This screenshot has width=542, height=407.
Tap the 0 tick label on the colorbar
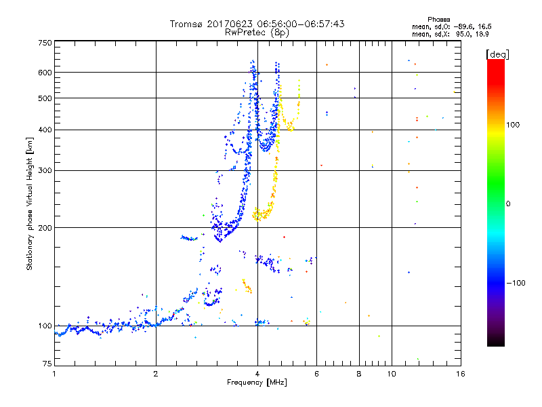[x=509, y=203]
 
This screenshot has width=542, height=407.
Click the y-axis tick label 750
[x=45, y=43]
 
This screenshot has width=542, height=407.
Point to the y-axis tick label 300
[x=45, y=170]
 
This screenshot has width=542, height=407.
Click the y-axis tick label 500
[x=45, y=98]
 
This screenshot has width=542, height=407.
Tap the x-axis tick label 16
[x=460, y=374]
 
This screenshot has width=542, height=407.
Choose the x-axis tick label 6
[x=316, y=374]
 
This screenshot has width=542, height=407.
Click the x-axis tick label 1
[x=54, y=374]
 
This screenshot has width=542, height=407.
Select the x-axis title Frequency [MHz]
[x=257, y=383]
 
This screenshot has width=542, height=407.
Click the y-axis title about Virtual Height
[x=30, y=203]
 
